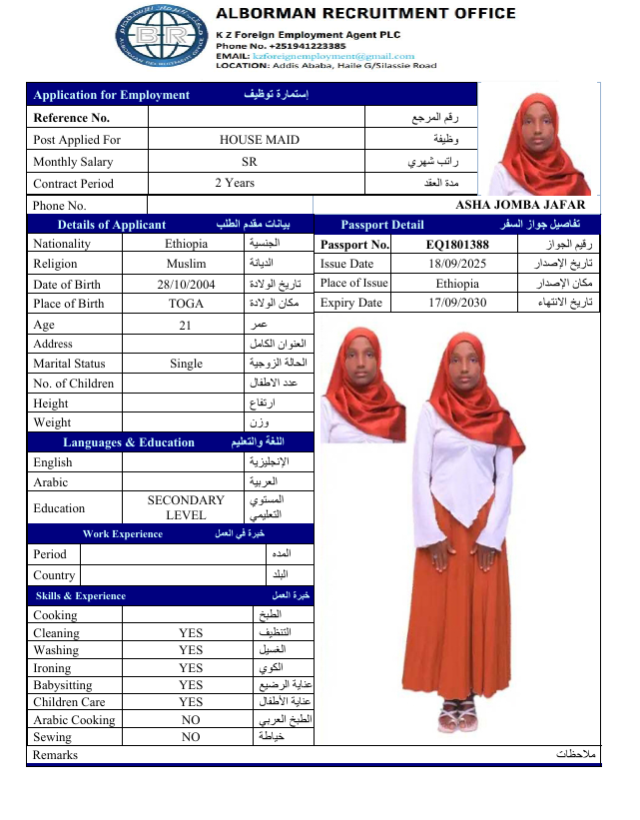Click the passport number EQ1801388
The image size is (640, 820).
tap(457, 245)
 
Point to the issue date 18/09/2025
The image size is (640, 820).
tap(456, 264)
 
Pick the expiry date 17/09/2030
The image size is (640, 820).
tap(456, 303)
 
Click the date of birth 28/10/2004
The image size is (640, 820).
tap(187, 284)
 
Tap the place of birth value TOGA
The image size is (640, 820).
tap(187, 304)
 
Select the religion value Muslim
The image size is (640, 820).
tap(187, 264)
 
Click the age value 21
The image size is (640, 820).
tap(187, 325)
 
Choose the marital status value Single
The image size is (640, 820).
tap(187, 365)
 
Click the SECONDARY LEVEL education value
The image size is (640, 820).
tap(187, 507)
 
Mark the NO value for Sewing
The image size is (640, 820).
tap(191, 737)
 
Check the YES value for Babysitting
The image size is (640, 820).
tap(191, 685)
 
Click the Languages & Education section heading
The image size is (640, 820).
tap(129, 442)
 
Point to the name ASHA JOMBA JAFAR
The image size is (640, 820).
tap(520, 205)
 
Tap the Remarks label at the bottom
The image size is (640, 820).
tap(55, 755)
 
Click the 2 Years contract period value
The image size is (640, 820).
tap(235, 183)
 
